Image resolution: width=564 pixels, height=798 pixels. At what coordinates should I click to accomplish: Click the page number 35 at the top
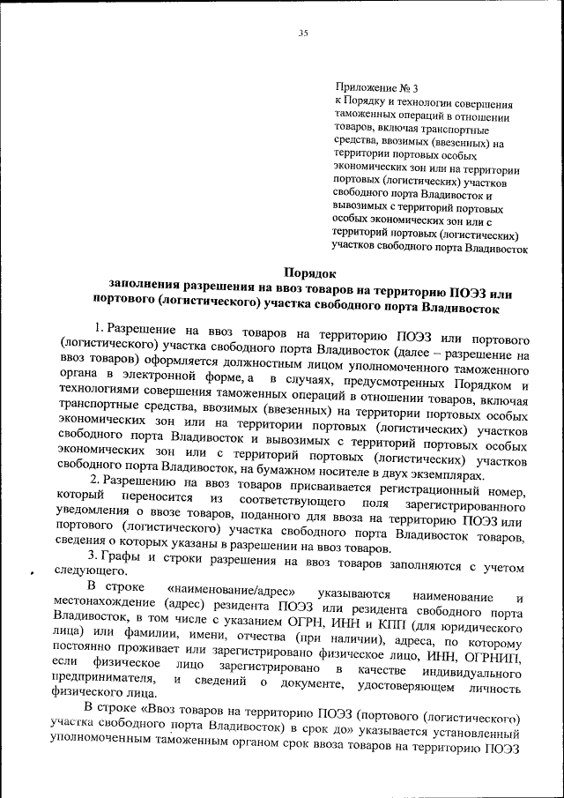pos(302,34)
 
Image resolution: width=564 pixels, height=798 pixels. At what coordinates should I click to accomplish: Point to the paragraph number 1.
pos(100,329)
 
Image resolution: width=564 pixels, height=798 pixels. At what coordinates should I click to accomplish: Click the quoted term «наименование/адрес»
pos(230,587)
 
